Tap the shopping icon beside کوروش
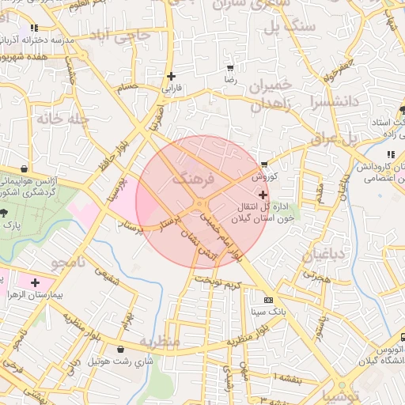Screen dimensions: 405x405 click(x=263, y=165)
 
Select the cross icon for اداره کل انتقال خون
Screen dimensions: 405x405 click(x=263, y=194)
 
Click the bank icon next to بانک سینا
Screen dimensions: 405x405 click(x=268, y=300)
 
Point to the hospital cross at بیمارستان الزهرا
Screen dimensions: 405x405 click(x=35, y=282)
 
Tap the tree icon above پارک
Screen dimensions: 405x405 click(x=4, y=213)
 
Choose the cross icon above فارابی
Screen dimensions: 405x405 click(x=171, y=77)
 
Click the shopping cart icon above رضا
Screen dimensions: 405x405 click(x=230, y=69)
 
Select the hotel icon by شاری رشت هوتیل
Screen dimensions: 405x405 click(x=120, y=349)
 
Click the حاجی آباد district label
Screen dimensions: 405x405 click(x=131, y=36)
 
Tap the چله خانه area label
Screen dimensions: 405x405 click(x=59, y=118)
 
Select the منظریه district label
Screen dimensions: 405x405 click(x=161, y=341)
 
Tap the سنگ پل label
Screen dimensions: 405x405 click(x=293, y=27)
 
